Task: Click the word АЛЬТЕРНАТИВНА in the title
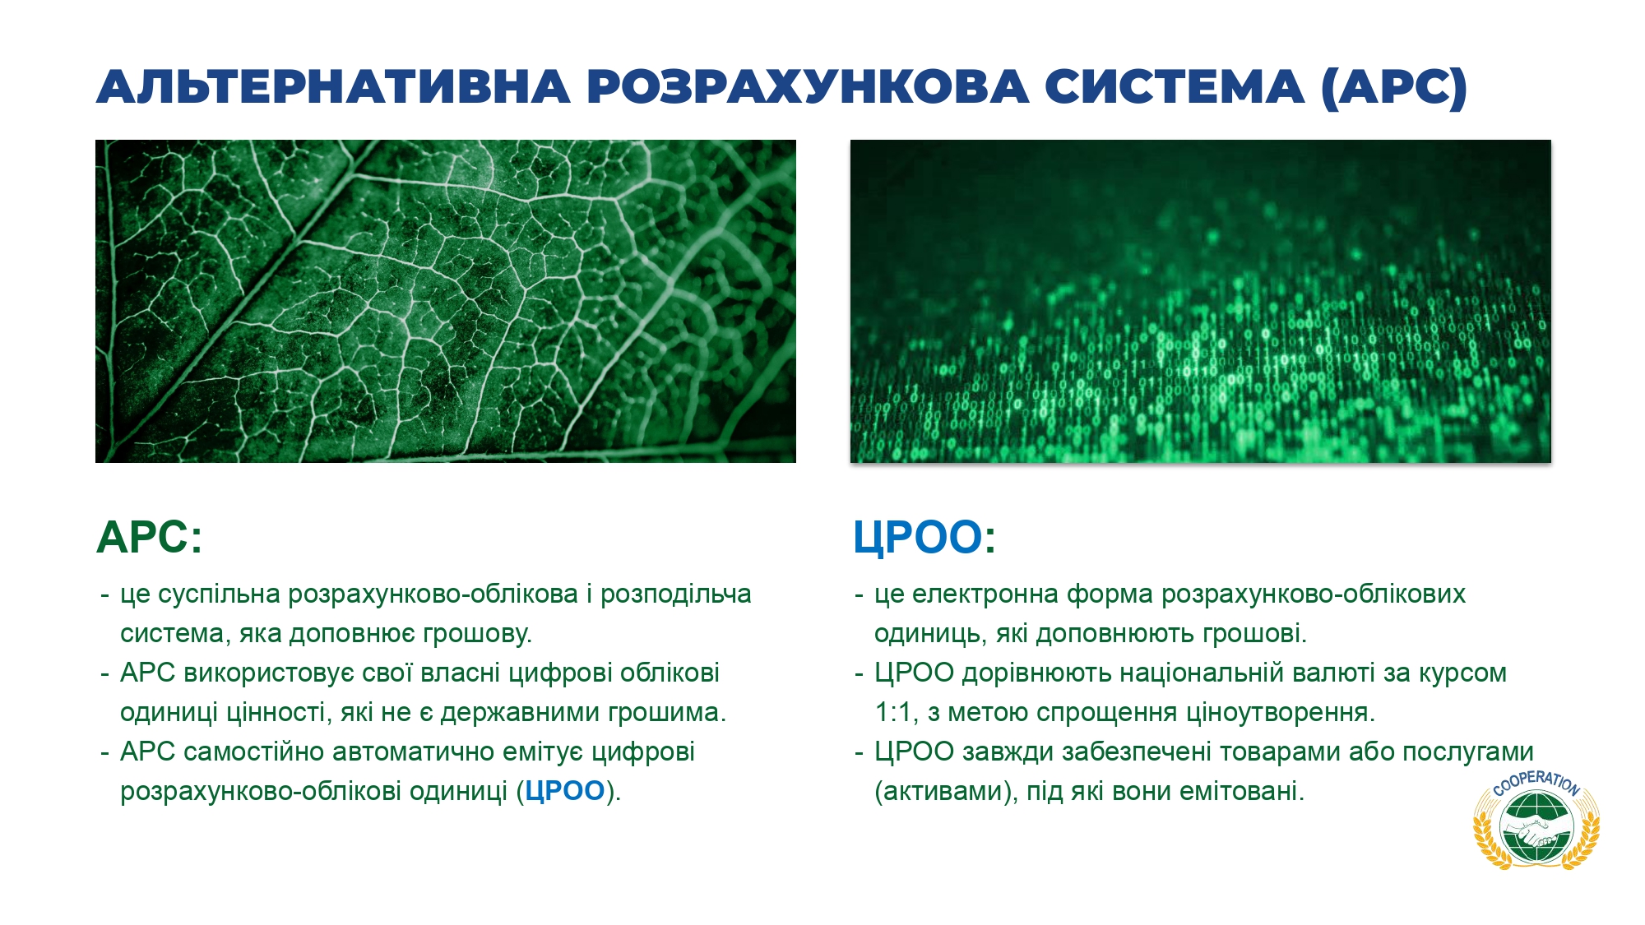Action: (333, 87)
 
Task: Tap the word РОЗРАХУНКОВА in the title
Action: (807, 87)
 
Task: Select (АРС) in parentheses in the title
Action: (1394, 87)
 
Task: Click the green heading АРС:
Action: (149, 538)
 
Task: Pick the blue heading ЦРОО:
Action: (924, 538)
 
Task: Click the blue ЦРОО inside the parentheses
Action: (565, 791)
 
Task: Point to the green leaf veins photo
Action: (446, 301)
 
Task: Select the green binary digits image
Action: (1201, 301)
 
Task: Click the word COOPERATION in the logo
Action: (1536, 782)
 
